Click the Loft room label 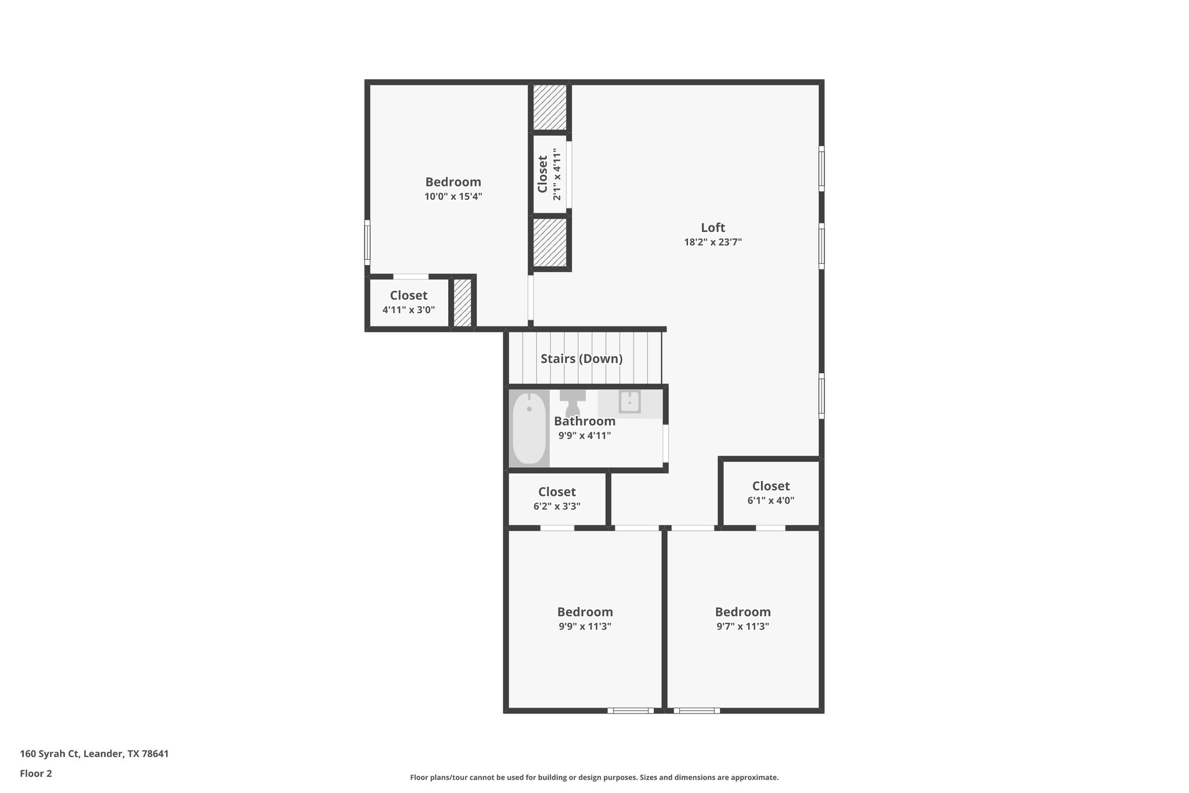pyautogui.click(x=712, y=228)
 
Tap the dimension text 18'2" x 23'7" pyautogui.click(x=712, y=242)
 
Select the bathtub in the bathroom pyautogui.click(x=529, y=428)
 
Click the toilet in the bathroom pyautogui.click(x=572, y=402)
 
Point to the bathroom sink pyautogui.click(x=629, y=401)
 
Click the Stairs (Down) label pyautogui.click(x=581, y=358)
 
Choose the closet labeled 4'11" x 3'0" pyautogui.click(x=408, y=302)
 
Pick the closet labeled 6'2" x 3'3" pyautogui.click(x=557, y=498)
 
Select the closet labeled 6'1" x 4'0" pyautogui.click(x=770, y=493)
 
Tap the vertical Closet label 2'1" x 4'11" pyautogui.click(x=549, y=174)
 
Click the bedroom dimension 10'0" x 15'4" pyautogui.click(x=453, y=196)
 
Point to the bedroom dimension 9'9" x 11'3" pyautogui.click(x=585, y=626)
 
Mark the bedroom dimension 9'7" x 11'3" pyautogui.click(x=743, y=626)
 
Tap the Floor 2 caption pyautogui.click(x=36, y=773)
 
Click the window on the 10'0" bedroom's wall pyautogui.click(x=367, y=242)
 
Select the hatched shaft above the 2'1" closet pyautogui.click(x=550, y=107)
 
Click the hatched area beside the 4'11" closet pyautogui.click(x=462, y=303)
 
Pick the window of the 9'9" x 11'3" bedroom pyautogui.click(x=630, y=710)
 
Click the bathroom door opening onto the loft pyautogui.click(x=665, y=443)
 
